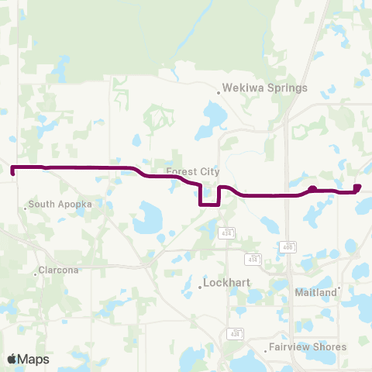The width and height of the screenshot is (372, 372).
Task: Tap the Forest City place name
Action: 193,171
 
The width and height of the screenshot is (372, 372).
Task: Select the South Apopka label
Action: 60,205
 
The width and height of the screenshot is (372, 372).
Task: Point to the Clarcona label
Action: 59,272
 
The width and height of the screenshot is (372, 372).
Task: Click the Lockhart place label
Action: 226,284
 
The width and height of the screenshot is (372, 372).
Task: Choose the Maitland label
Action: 316,292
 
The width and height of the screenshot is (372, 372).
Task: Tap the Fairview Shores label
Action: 308,347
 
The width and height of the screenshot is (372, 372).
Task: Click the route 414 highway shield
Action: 252,258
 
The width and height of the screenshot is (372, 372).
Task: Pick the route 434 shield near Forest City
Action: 226,232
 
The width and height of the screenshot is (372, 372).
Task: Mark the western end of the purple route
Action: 12,167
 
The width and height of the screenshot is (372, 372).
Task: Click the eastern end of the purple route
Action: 357,187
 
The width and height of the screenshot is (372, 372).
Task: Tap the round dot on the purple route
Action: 312,189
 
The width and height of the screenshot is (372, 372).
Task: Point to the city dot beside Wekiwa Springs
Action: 219,92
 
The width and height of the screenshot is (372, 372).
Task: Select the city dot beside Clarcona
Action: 36,272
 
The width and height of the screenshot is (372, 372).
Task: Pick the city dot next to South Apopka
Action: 25,205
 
